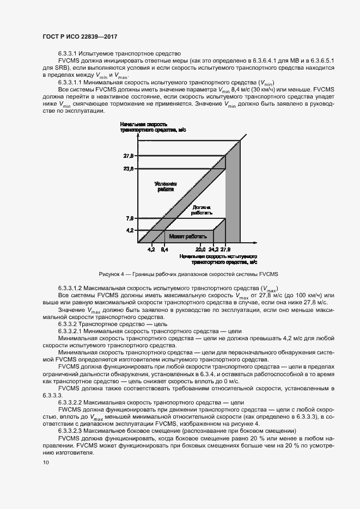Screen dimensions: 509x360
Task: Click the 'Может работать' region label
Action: (187, 236)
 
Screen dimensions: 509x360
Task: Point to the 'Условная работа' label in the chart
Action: (165, 187)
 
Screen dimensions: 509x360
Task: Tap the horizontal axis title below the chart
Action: (217, 258)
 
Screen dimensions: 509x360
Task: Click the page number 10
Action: (46, 463)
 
